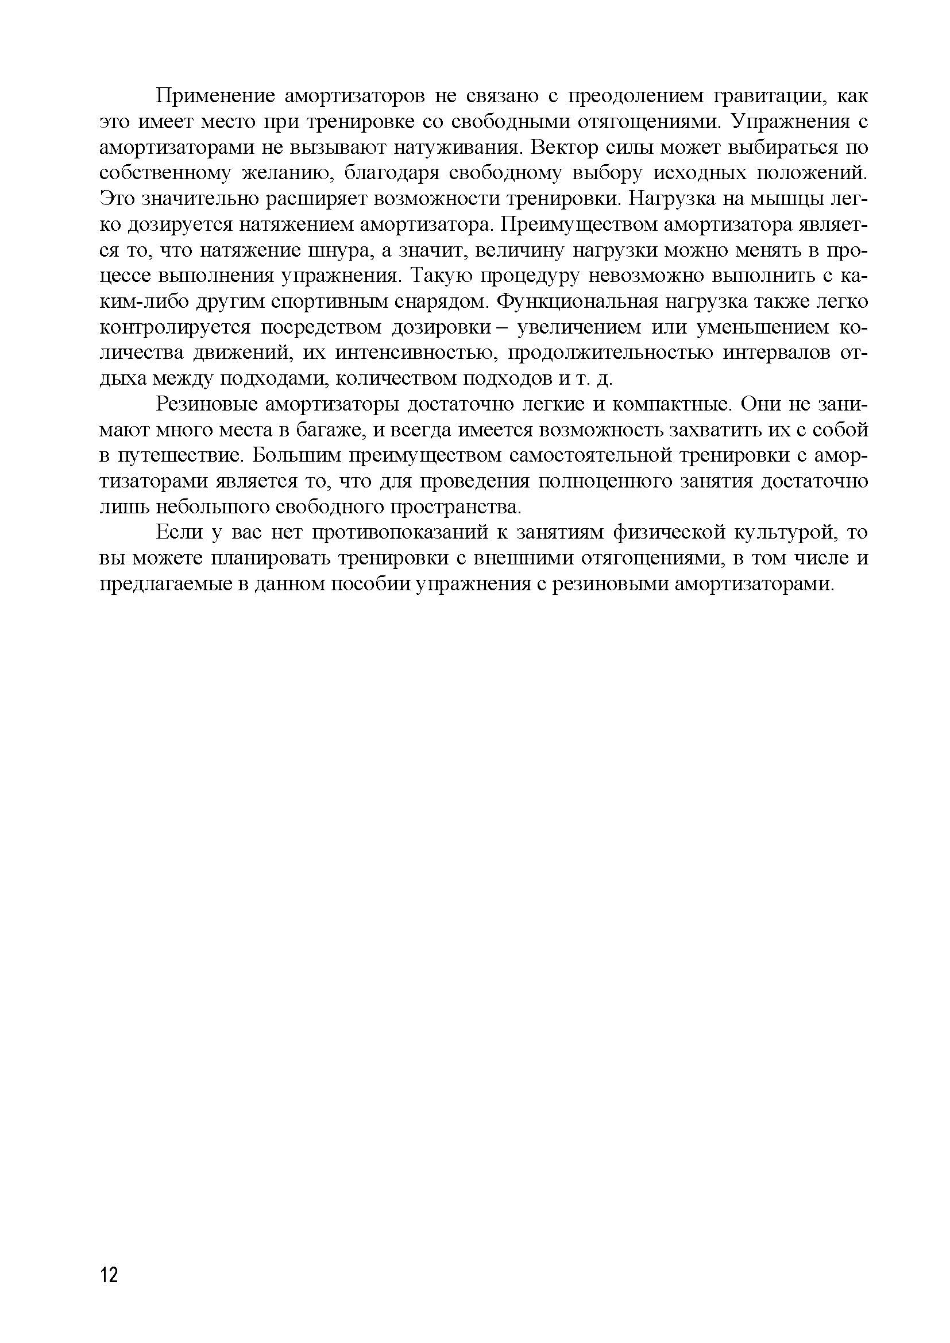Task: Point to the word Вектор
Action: pos(564,148)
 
